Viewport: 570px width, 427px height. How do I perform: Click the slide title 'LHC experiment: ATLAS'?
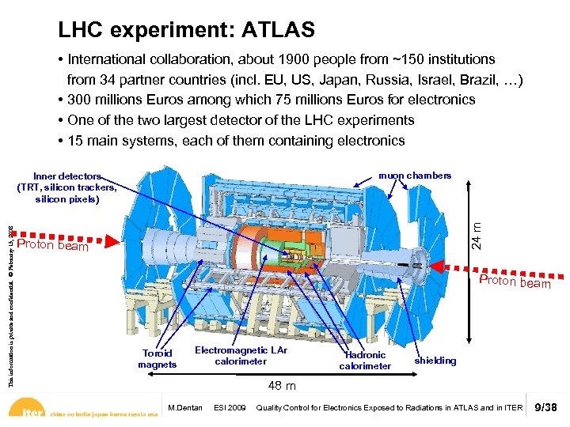point(186,30)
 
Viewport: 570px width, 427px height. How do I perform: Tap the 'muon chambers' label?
point(415,176)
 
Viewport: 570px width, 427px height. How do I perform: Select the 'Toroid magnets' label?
point(157,359)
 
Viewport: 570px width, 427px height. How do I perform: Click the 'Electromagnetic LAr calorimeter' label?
point(241,356)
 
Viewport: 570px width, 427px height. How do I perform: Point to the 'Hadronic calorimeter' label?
point(365,361)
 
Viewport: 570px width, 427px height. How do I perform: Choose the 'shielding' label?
point(435,361)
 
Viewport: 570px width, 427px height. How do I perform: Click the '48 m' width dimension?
point(282,386)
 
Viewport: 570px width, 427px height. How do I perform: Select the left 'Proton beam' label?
point(52,246)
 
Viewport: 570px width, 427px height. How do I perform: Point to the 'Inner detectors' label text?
point(67,176)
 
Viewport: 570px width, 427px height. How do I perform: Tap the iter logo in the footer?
point(32,412)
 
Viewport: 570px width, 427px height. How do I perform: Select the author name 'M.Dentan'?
point(185,408)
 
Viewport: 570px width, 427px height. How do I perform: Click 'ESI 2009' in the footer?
point(230,408)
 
